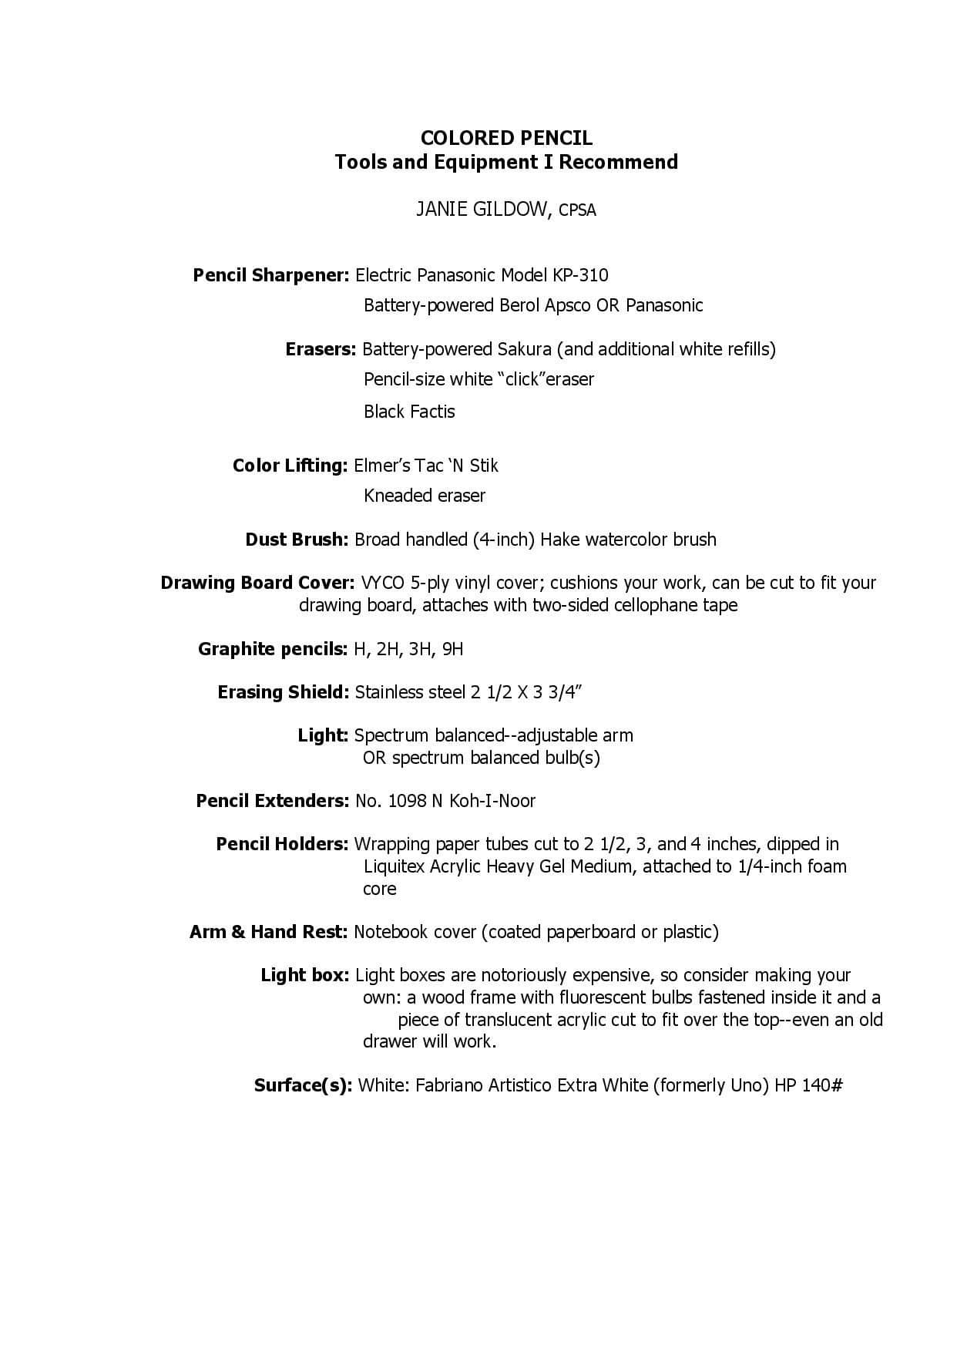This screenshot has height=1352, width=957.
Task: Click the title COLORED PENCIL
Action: point(506,138)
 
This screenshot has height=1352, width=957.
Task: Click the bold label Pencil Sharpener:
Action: point(271,275)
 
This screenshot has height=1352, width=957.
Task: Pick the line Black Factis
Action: point(409,412)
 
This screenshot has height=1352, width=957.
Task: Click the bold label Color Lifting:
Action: point(290,466)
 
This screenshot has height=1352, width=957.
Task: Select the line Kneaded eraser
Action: point(425,496)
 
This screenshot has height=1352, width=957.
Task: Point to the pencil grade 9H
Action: point(453,649)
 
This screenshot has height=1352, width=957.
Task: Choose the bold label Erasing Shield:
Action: point(284,692)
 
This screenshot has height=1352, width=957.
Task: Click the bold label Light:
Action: point(324,735)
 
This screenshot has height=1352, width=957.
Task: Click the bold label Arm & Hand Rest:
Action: point(269,932)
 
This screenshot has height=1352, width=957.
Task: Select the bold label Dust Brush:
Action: point(297,540)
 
